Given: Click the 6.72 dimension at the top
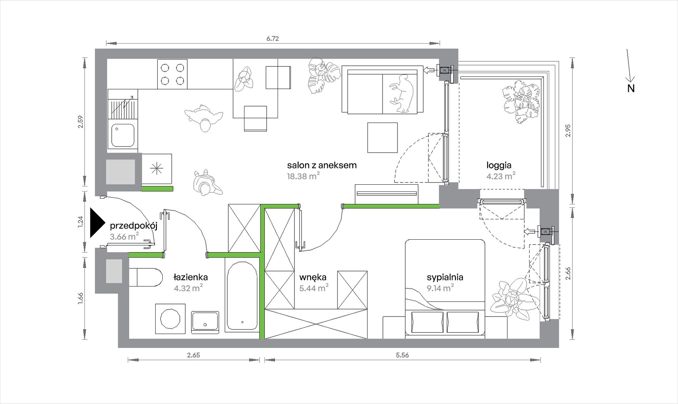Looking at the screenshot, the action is coord(272,39).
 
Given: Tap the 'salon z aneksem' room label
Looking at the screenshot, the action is coord(322,165).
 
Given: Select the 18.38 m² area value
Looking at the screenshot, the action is coord(303,176).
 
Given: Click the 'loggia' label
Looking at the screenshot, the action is coord(499,165).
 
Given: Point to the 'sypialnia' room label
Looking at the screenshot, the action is coord(445,277).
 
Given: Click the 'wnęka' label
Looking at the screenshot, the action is coord(313,278).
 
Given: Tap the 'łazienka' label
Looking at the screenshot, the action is coord(191,277).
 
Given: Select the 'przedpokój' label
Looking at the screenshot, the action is coord(133,226).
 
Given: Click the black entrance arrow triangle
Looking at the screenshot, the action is coord(97,223).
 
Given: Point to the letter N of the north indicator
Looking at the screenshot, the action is coord(631,89).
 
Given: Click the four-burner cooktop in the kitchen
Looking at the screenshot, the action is coord(172,74).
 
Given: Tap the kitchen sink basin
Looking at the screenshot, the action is coord(123,135).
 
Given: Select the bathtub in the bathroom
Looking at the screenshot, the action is coord(242,296).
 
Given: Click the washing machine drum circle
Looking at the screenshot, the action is coord(170,319).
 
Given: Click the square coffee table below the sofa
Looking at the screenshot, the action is coord(383,138).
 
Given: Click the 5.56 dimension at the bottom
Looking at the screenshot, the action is coord(402,355).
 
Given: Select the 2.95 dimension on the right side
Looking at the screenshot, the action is coord(568,130).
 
